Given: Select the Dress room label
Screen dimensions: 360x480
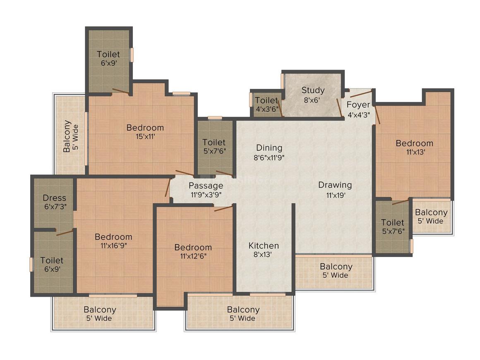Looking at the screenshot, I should [54, 202].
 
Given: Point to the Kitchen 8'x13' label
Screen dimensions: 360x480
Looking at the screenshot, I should [264, 250].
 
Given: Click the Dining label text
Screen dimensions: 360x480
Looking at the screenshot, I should [269, 148].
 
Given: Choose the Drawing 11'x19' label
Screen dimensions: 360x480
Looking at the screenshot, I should [335, 190].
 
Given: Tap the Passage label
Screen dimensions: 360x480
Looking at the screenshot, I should [206, 190].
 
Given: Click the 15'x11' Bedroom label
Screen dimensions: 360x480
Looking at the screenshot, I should [145, 132].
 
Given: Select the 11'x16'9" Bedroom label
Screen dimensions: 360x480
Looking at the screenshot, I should [113, 241].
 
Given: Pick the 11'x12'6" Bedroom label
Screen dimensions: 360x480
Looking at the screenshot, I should [193, 251].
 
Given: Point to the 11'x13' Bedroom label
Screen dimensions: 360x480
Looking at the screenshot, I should [414, 147].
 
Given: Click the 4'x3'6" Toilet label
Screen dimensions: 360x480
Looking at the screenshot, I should [266, 104].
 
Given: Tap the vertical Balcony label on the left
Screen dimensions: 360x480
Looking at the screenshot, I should [70, 137].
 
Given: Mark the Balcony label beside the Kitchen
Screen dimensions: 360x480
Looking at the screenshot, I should [336, 271].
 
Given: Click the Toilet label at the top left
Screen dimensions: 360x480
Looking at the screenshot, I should [108, 58].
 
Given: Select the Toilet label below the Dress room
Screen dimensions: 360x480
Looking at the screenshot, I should [52, 264].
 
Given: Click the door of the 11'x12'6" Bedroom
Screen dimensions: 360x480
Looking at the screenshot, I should [223, 208].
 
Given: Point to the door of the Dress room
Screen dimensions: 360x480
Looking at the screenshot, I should [65, 233].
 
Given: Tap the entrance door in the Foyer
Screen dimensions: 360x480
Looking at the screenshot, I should [360, 93].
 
